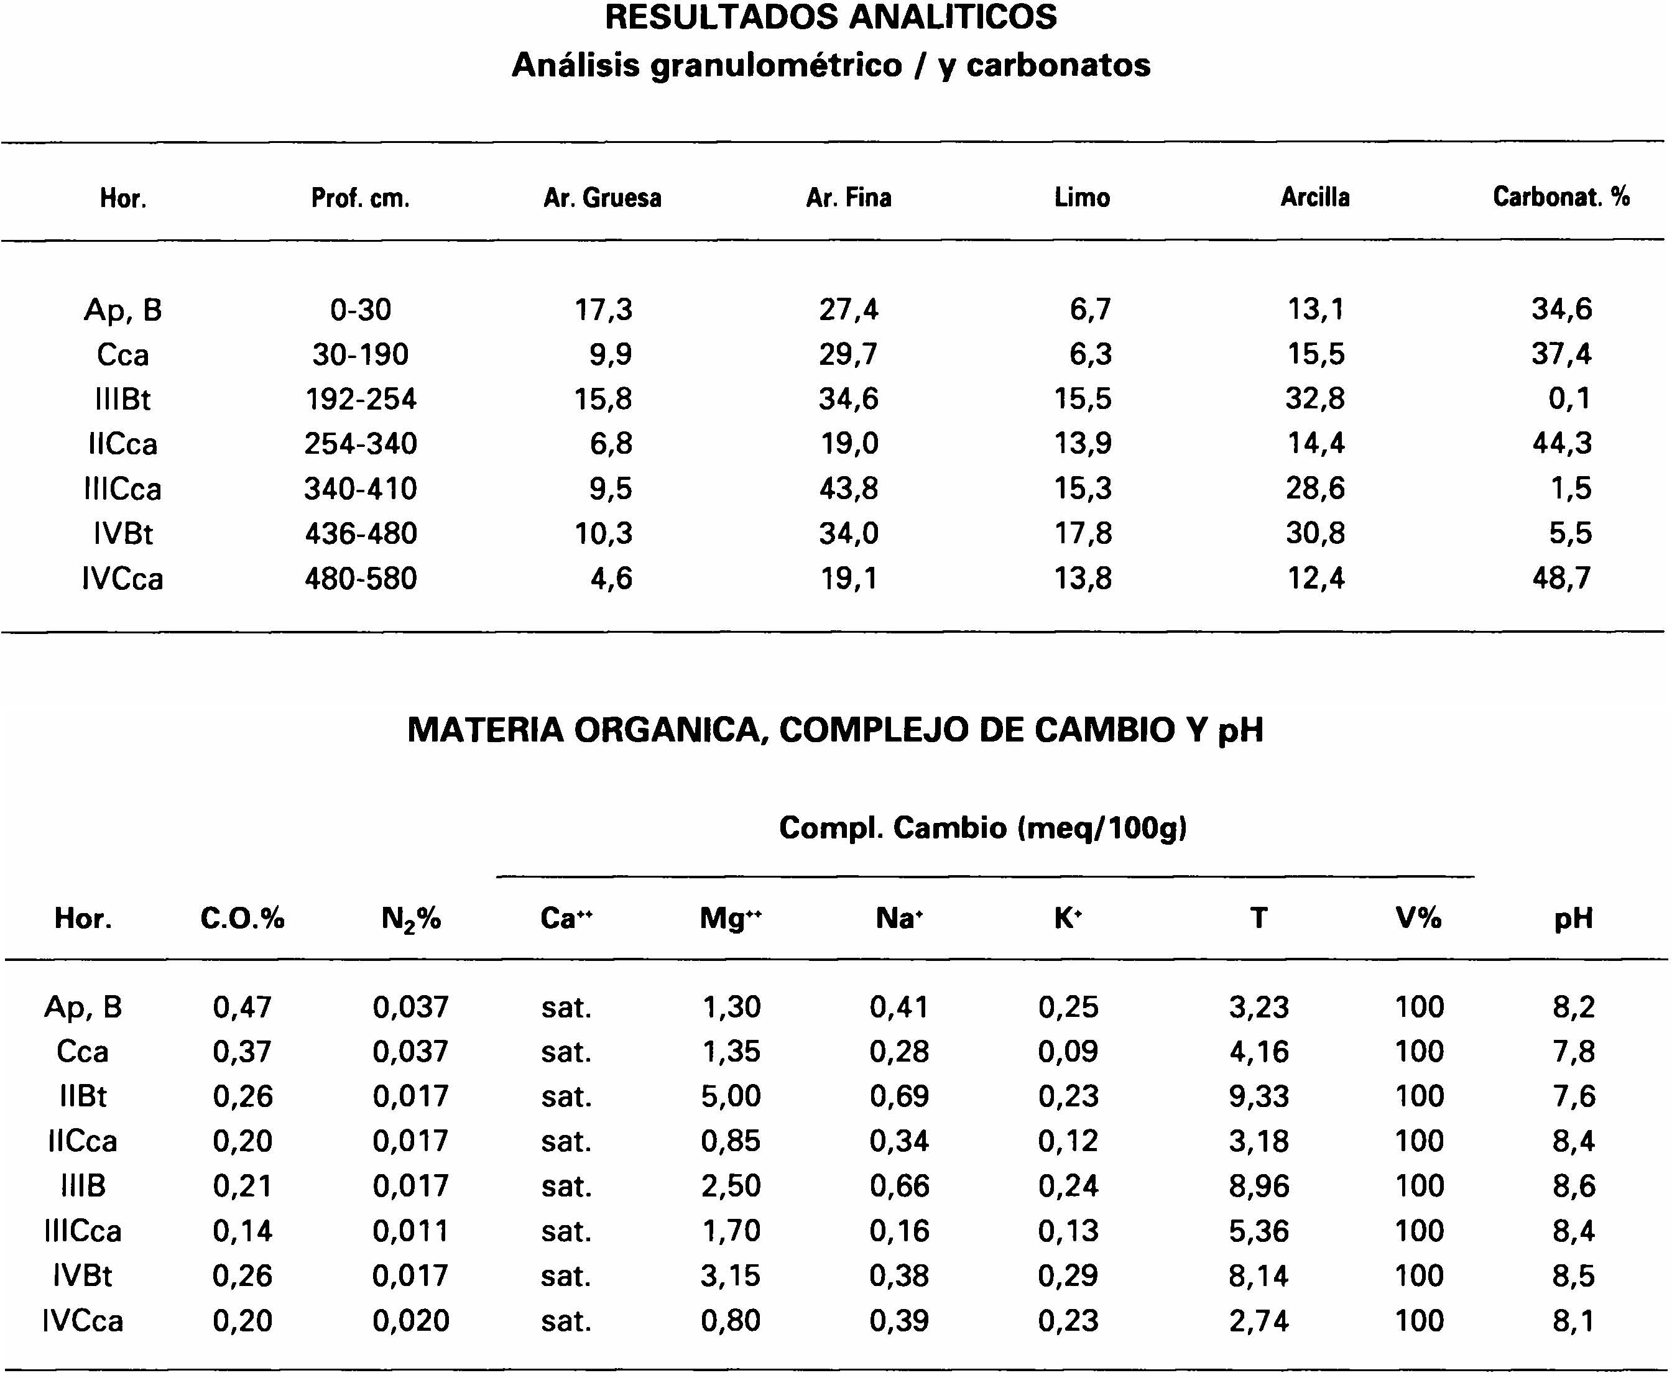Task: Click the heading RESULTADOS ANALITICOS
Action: (x=831, y=17)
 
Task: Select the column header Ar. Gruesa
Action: (x=602, y=198)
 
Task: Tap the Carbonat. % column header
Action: (x=1561, y=197)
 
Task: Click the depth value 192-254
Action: (x=361, y=398)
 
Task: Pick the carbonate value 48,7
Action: (x=1562, y=578)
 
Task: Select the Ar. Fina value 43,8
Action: (x=849, y=488)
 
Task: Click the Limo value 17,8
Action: (x=1083, y=533)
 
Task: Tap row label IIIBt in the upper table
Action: (x=122, y=398)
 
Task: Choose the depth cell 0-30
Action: (x=361, y=309)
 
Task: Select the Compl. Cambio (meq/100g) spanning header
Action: (x=983, y=828)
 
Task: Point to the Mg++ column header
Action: (x=731, y=919)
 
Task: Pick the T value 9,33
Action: (x=1259, y=1096)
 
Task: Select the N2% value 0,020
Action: (x=410, y=1321)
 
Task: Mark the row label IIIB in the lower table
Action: (x=83, y=1186)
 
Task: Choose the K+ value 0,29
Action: (x=1068, y=1275)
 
